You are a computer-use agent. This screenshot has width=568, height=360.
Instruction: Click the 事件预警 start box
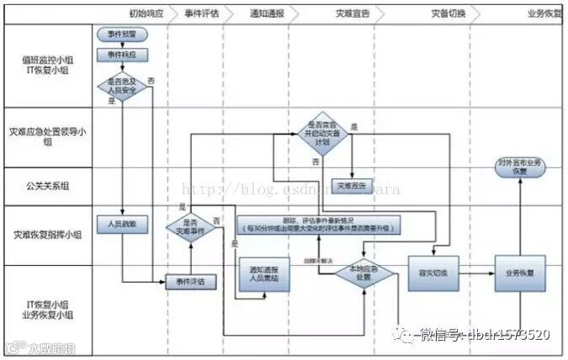(122, 34)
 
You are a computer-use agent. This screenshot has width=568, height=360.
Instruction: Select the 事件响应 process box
(122, 55)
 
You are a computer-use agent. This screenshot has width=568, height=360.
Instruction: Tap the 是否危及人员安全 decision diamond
(122, 86)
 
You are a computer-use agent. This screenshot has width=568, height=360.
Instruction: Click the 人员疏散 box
(122, 225)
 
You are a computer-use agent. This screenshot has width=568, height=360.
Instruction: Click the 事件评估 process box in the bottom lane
(190, 281)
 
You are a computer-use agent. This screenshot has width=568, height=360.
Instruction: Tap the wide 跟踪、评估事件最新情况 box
(319, 225)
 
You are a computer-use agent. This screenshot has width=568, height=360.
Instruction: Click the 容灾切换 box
(432, 273)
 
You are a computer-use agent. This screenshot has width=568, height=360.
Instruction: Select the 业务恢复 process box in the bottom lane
(519, 273)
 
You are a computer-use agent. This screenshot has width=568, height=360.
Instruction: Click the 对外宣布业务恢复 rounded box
(519, 166)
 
